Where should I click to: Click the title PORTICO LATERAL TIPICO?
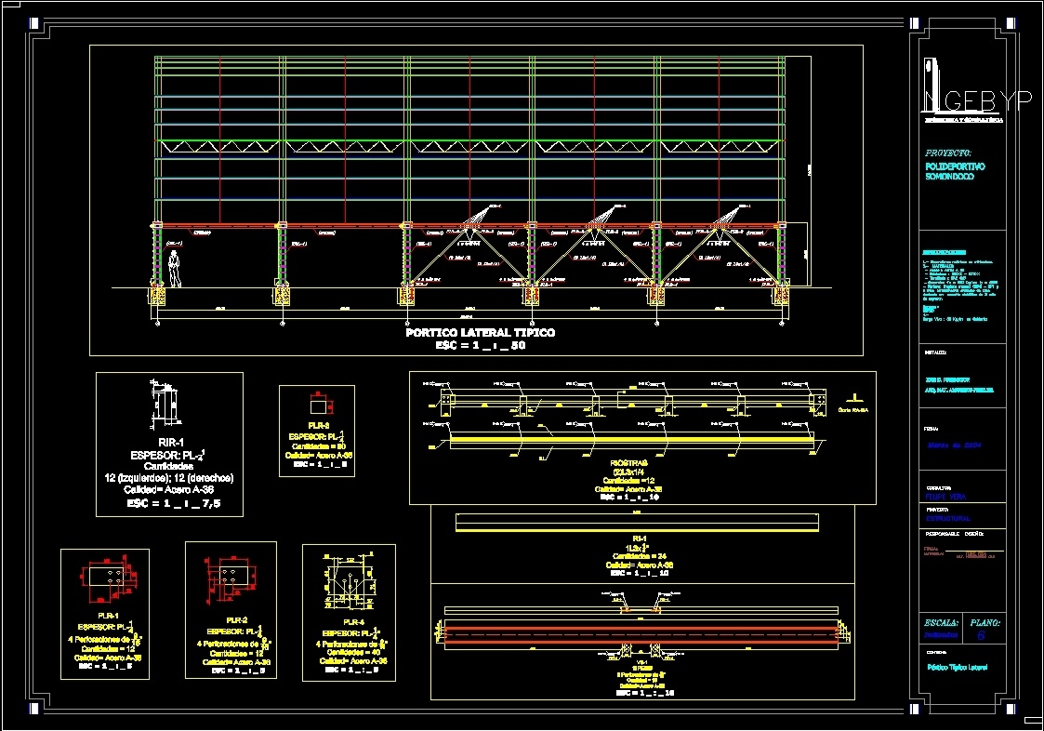pyautogui.click(x=480, y=332)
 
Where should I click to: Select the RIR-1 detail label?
pyautogui.click(x=169, y=443)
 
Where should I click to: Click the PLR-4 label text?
pyautogui.click(x=353, y=622)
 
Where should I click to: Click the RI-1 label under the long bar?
pyautogui.click(x=640, y=538)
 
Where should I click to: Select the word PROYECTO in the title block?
pyautogui.click(x=948, y=153)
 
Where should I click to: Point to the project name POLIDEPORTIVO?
pyautogui.click(x=955, y=166)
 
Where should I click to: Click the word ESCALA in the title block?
pyautogui.click(x=942, y=622)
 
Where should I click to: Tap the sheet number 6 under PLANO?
pyautogui.click(x=981, y=636)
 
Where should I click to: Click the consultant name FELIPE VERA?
pyautogui.click(x=946, y=497)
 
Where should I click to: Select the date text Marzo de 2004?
pyautogui.click(x=955, y=445)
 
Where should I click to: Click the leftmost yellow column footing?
pyautogui.click(x=156, y=296)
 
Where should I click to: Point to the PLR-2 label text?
pyautogui.click(x=236, y=619)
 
